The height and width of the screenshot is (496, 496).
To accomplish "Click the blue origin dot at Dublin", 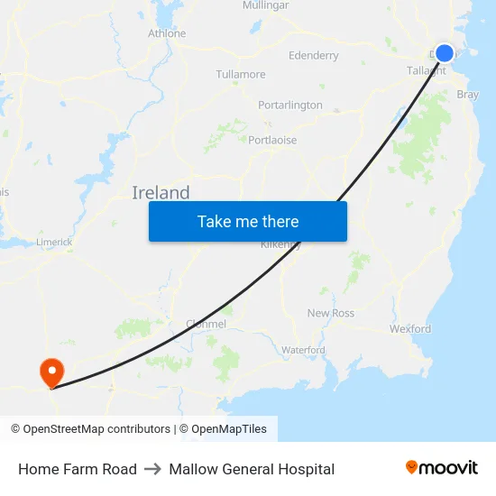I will pos(445,53).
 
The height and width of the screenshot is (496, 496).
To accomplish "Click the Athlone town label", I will pos(167,33).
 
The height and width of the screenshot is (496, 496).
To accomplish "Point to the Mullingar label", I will pos(265,5).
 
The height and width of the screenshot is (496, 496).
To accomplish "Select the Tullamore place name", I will pos(241,74).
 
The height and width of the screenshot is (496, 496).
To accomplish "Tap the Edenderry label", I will pos(314,56).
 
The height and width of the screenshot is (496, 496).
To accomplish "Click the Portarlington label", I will pos(290,106).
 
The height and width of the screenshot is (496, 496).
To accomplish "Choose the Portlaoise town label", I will pos(272,140).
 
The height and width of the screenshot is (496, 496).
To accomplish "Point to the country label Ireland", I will pos(161,192).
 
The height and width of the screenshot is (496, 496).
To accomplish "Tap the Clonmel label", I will pos(206,324).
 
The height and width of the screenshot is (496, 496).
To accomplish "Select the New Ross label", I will pos(331,313).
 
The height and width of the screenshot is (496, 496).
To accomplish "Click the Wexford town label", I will pos(410,329).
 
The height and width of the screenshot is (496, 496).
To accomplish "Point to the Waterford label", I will pos(303,350).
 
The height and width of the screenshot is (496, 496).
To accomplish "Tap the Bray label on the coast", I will pos(468,94).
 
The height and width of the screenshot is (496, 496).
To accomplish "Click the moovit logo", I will pos(441,468).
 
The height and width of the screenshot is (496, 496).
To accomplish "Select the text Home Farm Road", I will pos(78,469).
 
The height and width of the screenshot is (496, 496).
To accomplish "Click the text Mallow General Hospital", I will pos(252,469).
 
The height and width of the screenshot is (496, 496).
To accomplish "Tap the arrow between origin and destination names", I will pos(152,469).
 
